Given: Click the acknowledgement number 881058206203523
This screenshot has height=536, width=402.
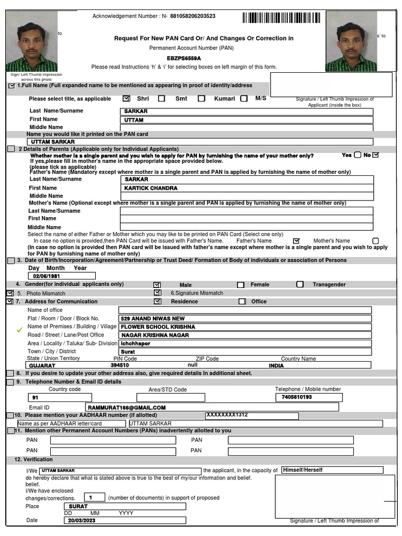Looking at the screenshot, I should coord(193,16).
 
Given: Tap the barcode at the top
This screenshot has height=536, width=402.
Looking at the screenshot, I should coord(281,18).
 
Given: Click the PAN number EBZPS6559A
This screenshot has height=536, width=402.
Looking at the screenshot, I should coord(184,59).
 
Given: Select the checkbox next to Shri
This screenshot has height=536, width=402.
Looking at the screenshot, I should coord(126,98).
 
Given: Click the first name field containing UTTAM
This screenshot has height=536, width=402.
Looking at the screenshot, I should coord(246,120).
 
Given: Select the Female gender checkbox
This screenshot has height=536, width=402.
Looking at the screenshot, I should coord(241,285).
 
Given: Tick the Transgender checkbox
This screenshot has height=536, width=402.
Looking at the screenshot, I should coord(300,285).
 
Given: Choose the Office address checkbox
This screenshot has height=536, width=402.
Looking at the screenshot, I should coord(242,301).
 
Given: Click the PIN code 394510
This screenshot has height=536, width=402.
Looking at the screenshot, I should coord(120,365).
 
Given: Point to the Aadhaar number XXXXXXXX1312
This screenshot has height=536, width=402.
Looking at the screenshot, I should coord(227,415).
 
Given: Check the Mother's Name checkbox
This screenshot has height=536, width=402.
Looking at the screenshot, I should coord(375,241).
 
